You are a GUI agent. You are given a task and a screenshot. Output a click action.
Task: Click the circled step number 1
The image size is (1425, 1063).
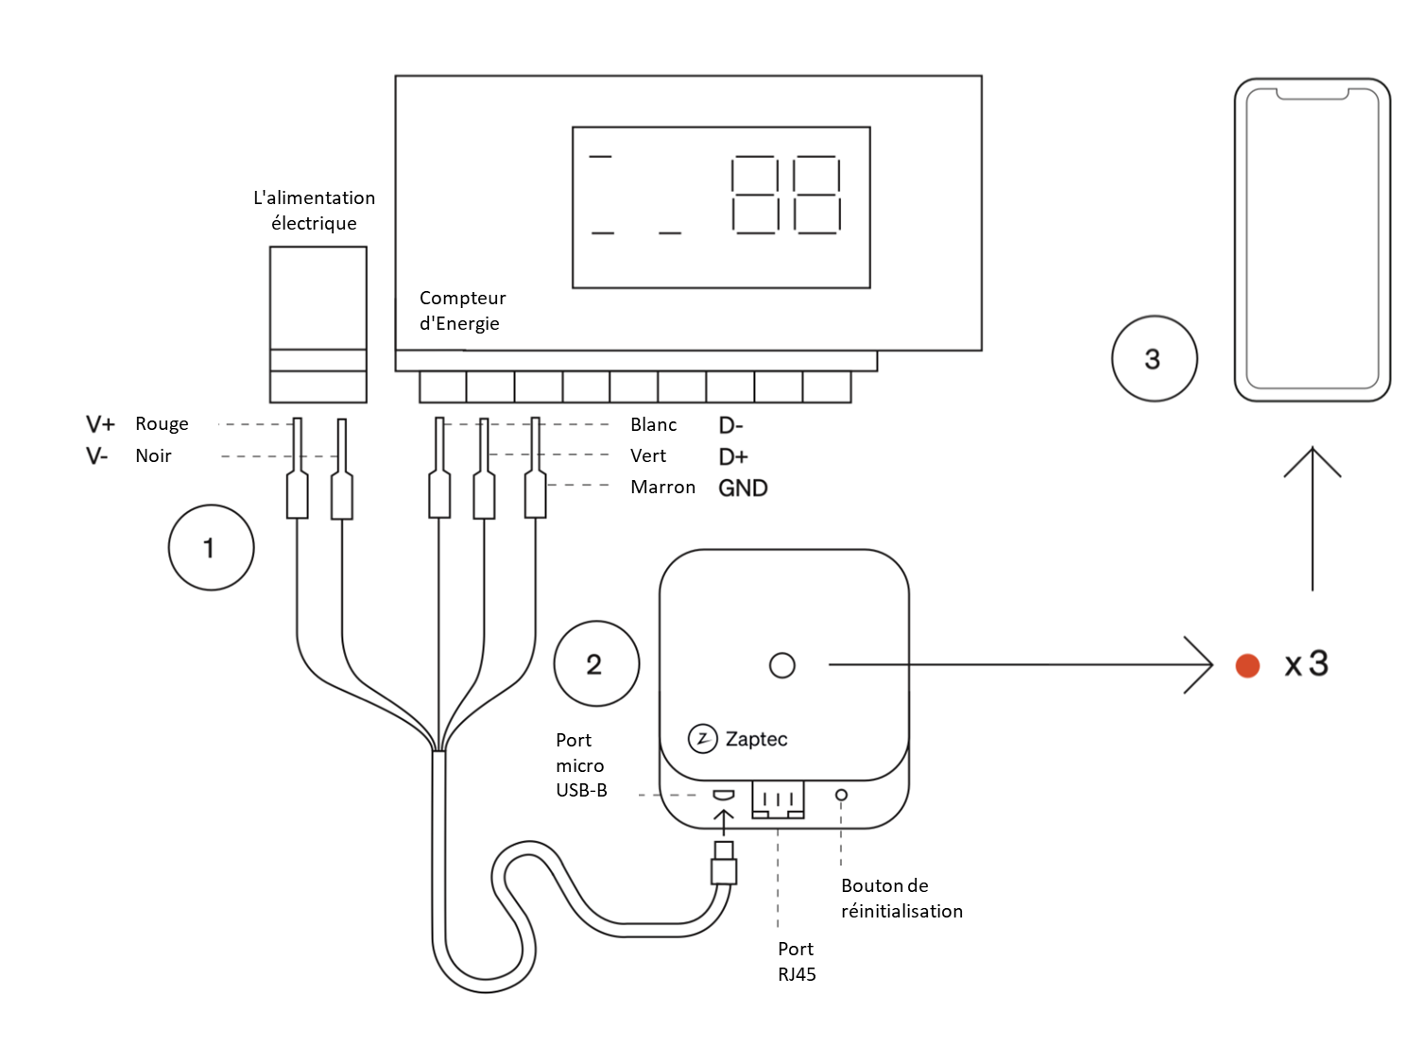211,548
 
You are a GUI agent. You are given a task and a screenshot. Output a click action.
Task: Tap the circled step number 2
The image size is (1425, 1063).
596,664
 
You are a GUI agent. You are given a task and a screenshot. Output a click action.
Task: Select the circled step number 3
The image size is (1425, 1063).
1154,359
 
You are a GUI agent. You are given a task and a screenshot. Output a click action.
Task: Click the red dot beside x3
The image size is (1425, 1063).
1247,665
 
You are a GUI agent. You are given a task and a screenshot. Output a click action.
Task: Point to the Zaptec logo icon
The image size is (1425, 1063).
702,739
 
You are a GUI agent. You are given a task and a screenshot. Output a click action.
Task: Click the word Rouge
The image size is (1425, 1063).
162,423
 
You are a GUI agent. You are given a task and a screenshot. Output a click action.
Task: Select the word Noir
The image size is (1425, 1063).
153,455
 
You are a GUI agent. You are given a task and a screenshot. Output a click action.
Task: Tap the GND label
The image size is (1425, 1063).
743,488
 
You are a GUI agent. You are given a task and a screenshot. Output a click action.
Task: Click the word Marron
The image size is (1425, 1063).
662,488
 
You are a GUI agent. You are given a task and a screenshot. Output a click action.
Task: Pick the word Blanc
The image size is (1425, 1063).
653,424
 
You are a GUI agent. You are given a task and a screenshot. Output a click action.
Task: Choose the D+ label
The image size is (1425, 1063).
733,456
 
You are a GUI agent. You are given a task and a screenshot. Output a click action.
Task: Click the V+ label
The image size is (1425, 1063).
100,423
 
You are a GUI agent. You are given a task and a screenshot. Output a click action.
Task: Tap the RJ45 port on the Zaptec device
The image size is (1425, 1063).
778,799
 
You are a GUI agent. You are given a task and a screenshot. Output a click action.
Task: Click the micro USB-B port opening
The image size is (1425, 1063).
723,794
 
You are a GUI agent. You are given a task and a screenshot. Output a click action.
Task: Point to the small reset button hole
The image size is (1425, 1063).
841,795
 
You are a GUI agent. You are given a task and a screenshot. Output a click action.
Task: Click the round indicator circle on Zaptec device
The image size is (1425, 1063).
782,665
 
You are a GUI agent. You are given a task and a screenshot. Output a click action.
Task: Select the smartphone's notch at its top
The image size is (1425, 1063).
1313,94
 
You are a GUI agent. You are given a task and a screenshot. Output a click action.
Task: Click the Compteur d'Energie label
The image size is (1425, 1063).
462,311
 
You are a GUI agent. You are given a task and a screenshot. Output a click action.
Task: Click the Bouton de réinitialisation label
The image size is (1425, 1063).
901,898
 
